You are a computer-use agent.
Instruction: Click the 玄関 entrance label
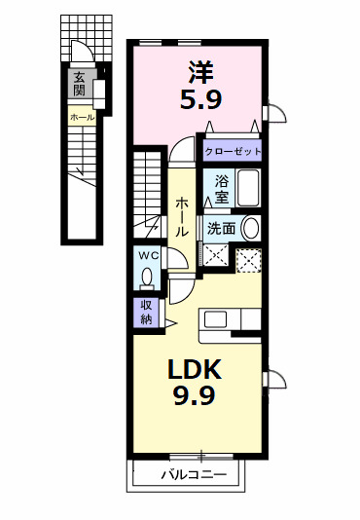pos(79,84)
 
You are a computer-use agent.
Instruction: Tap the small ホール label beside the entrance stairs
pos(82,117)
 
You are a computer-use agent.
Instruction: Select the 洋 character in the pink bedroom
pos(201,72)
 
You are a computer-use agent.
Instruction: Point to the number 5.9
pos(201,98)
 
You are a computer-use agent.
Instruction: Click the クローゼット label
pos(234,152)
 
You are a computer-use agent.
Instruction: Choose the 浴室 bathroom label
pos(222,189)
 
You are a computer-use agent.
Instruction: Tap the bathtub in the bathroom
pos(248,188)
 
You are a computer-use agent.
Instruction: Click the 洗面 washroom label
pos(222,228)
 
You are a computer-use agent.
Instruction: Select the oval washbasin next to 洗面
pos(251,228)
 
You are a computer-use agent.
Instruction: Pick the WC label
pos(149,255)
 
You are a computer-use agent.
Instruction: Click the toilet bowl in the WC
pos(146,278)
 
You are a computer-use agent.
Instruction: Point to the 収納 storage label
pos(146,312)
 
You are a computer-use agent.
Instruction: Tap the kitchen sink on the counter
pos(215,319)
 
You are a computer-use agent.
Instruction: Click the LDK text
pos(195,369)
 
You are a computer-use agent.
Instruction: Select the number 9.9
pos(195,395)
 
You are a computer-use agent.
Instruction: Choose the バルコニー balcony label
pos(195,475)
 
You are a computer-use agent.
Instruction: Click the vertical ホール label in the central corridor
pos(182,217)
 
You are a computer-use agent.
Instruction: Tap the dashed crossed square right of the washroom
pos(249,261)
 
